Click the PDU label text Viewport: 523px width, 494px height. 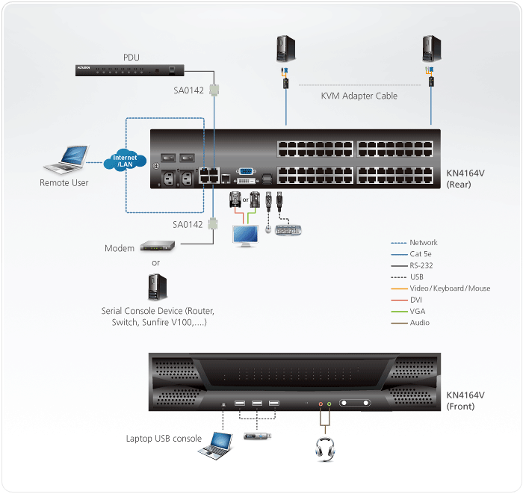pyautogui.click(x=131, y=57)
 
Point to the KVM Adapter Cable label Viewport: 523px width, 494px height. pyautogui.click(x=359, y=96)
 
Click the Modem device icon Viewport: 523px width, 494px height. pyautogui.click(x=157, y=247)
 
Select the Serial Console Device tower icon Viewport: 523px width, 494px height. pyautogui.click(x=156, y=287)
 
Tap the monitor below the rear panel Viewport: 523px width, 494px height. pyautogui.click(x=247, y=234)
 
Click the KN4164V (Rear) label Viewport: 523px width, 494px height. pyautogui.click(x=465, y=179)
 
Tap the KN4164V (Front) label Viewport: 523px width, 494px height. pyautogui.click(x=465, y=401)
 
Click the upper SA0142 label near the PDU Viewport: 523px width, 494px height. pyautogui.click(x=188, y=91)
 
